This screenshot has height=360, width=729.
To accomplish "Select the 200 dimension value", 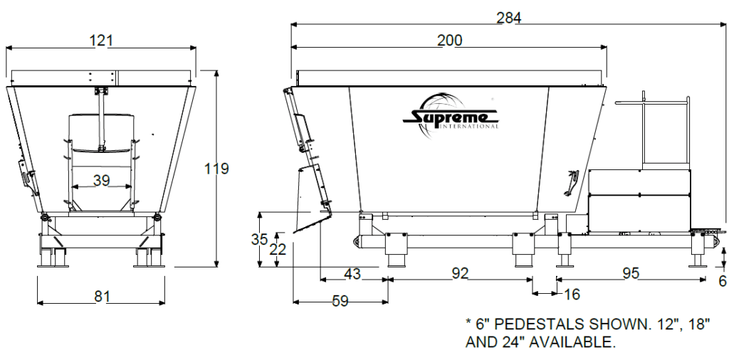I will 449,41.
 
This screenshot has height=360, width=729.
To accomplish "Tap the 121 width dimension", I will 102,41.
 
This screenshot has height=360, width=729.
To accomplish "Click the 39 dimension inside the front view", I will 102,181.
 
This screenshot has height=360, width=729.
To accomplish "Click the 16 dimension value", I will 572,293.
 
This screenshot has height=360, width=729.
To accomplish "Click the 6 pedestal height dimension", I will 722,281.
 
